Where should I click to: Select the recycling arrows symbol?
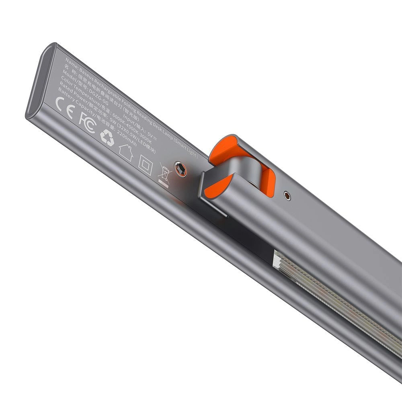[x=107, y=137]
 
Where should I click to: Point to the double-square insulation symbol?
[x=145, y=165]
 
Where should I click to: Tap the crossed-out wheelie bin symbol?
[x=165, y=174]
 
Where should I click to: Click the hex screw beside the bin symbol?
[x=180, y=169]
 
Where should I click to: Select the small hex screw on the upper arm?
[x=287, y=195]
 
